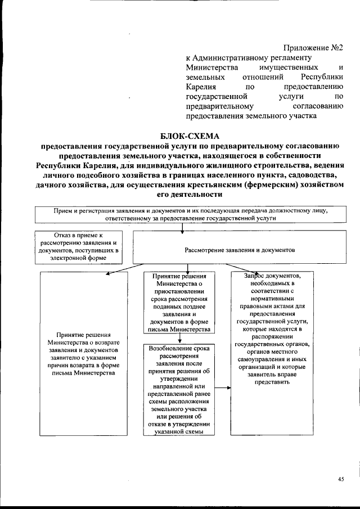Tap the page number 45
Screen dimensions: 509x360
click(x=341, y=479)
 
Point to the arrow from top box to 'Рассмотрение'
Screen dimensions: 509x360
click(x=181, y=227)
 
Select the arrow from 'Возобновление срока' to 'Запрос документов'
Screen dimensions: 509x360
click(x=223, y=388)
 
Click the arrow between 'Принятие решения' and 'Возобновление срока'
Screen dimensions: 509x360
click(x=179, y=339)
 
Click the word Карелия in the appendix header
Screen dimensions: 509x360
click(x=200, y=87)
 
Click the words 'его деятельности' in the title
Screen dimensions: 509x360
click(x=190, y=193)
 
